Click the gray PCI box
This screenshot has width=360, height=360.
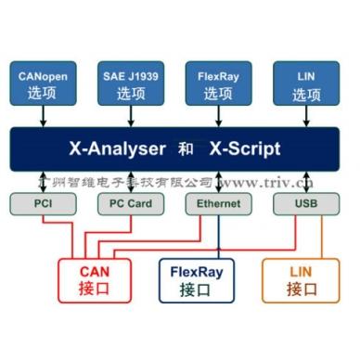(43, 203)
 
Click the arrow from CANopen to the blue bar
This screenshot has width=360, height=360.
(41, 117)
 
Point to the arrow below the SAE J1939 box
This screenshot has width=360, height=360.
(131, 117)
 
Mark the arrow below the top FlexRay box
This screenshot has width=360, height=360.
(219, 117)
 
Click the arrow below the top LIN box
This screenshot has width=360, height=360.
(306, 117)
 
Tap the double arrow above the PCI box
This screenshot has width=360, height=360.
(43, 182)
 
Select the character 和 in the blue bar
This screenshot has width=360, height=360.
(183, 148)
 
